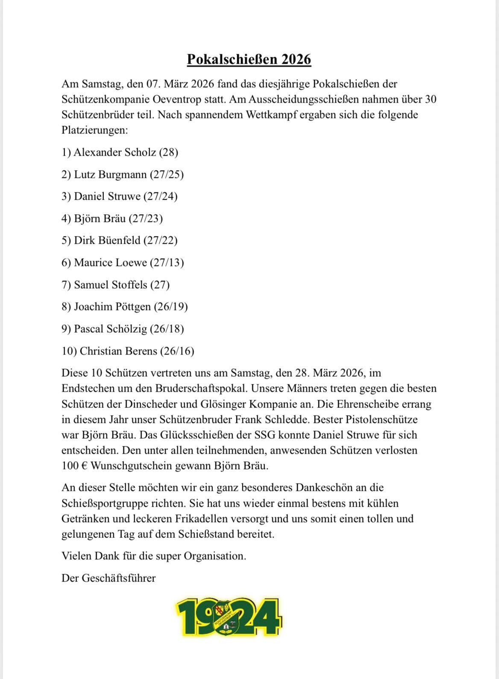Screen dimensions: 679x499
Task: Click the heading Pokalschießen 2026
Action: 249,59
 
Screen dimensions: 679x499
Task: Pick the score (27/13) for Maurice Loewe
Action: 167,263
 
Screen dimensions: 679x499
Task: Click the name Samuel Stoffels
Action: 111,285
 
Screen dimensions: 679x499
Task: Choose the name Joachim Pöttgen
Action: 112,307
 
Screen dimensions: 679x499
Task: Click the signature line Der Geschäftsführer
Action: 109,579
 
